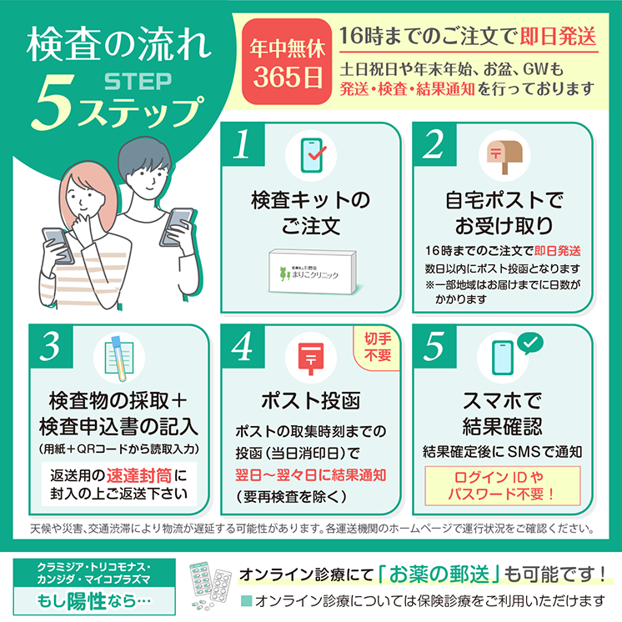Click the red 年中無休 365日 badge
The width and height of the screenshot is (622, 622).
point(287,62)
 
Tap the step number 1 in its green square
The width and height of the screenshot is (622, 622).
point(243,144)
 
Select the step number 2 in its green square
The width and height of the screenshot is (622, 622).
point(434,144)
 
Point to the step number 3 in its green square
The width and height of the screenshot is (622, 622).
point(51,346)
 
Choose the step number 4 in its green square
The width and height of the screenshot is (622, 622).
point(243,346)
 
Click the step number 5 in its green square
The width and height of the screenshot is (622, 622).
point(434,346)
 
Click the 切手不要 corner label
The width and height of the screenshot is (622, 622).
point(378,347)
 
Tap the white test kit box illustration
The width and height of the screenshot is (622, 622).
point(313,272)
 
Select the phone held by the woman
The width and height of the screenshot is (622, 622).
point(58,246)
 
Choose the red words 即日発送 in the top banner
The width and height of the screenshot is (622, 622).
point(558,37)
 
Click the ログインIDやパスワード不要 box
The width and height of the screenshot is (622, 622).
point(502,485)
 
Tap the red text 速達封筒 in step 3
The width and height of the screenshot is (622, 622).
point(139,475)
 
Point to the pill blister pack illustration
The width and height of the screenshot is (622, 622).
point(210,585)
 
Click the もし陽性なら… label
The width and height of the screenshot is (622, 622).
point(94,601)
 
